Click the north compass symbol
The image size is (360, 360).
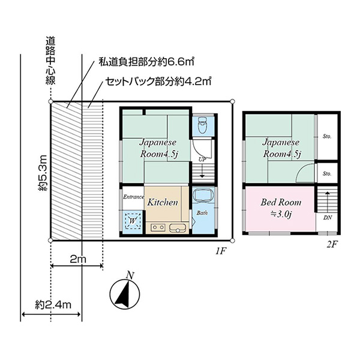125,295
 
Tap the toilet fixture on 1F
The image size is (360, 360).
203,125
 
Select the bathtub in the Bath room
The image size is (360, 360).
203,195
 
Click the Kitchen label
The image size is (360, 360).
163,202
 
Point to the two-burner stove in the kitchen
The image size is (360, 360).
158,227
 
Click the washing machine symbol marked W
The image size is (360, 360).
133,221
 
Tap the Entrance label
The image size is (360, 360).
134,197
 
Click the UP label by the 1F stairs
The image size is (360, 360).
202,160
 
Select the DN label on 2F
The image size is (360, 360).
328,218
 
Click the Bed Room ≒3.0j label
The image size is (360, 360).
281,208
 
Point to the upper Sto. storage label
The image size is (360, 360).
327,136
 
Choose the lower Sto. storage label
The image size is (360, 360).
327,173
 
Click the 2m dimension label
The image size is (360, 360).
78,259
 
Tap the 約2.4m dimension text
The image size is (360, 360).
53,305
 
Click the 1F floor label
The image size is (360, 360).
221,251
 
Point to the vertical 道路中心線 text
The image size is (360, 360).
50,61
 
